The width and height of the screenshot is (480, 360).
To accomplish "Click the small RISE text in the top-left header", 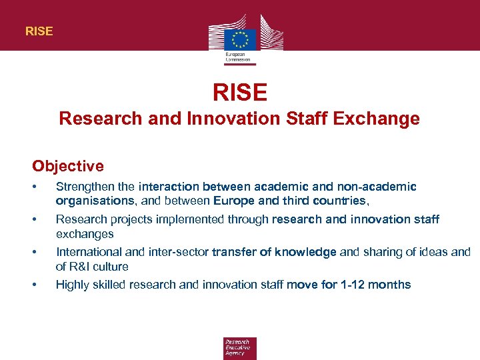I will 39,31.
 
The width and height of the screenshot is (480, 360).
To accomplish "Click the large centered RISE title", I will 240,92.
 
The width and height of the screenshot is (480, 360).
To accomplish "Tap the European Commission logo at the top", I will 240,39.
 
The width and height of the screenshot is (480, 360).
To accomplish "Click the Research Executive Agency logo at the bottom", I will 240,347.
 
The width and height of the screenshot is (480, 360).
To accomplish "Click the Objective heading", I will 68,166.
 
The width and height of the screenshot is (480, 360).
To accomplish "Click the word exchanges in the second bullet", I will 85,234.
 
